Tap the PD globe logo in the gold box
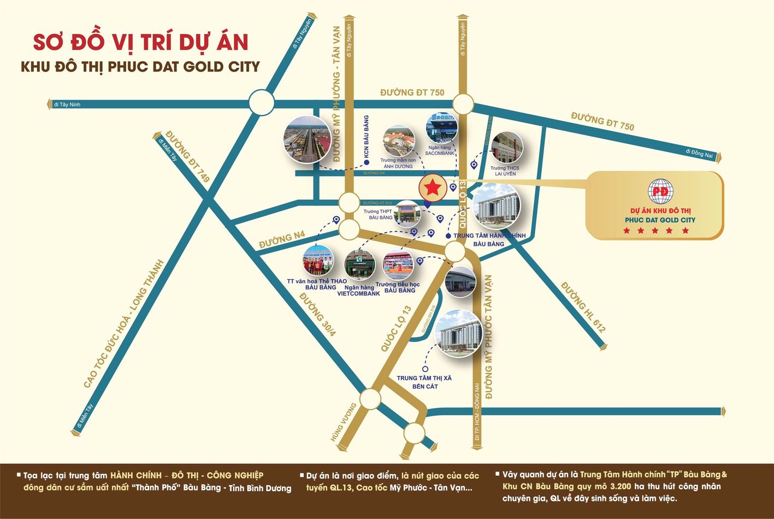pyautogui.click(x=660, y=192)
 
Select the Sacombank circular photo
pyautogui.click(x=441, y=127)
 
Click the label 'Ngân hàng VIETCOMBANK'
pyautogui.click(x=358, y=290)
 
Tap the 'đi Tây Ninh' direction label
pyautogui.click(x=67, y=104)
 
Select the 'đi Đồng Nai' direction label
pyautogui.click(x=699, y=154)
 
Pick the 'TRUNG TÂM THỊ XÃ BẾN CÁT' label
pyautogui.click(x=424, y=382)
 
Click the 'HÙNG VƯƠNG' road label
pyautogui.click(x=343, y=422)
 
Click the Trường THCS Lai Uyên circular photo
pyautogui.click(x=506, y=147)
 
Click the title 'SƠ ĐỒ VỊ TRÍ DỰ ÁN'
pyautogui.click(x=141, y=43)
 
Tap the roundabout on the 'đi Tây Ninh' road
pyautogui.click(x=261, y=102)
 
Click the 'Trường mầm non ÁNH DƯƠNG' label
pyautogui.click(x=398, y=163)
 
